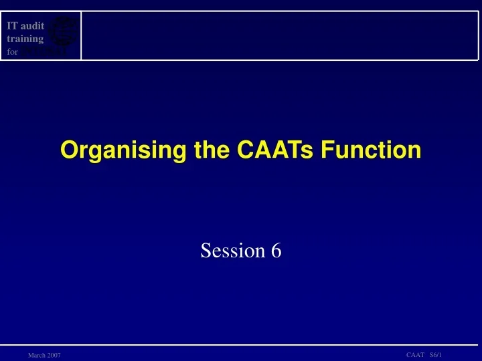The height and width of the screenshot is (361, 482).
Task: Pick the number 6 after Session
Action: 276,251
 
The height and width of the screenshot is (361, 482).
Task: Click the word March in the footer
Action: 36,355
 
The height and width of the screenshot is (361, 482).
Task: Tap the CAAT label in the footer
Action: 415,354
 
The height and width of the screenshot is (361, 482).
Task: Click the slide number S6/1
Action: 435,354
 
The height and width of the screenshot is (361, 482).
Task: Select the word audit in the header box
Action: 32,26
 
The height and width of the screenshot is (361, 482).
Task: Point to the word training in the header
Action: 25,39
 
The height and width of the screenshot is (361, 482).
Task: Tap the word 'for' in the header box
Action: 13,51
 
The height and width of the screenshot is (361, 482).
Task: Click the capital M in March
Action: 31,355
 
